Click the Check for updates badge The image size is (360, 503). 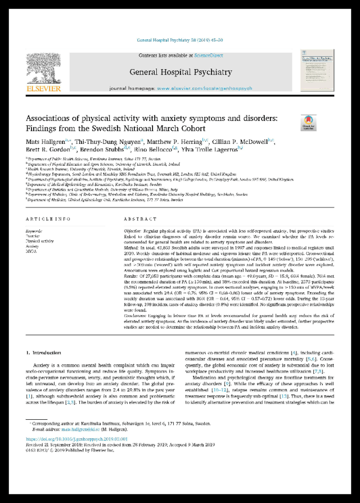click(x=309, y=122)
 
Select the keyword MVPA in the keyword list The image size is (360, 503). click(x=31, y=251)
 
